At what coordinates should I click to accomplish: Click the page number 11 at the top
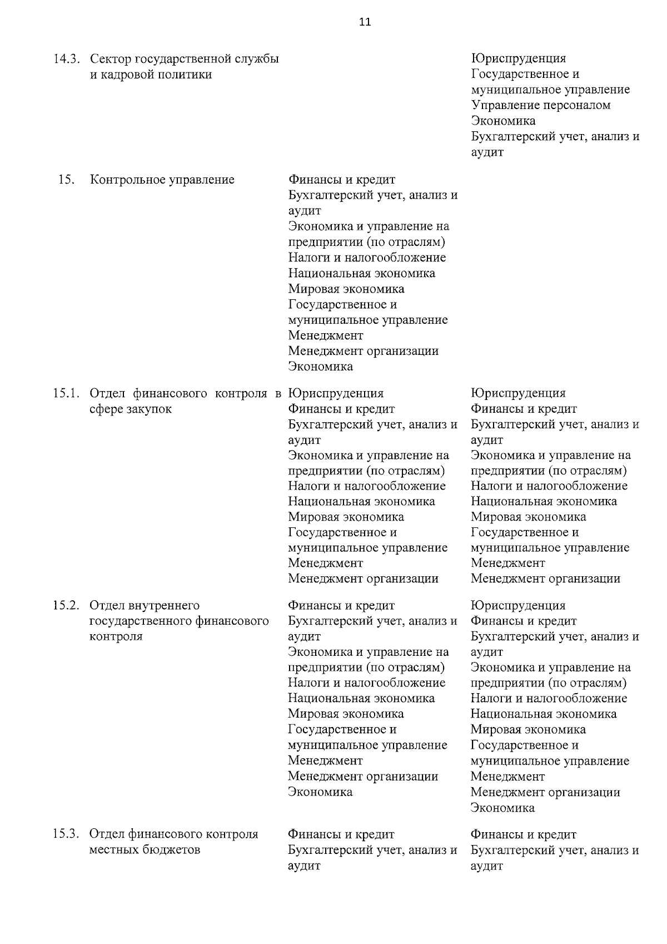(365, 22)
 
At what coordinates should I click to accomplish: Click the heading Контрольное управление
(162, 180)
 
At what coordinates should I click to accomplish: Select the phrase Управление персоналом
(540, 105)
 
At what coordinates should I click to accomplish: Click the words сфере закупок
(131, 409)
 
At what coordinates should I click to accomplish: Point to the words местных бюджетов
(145, 850)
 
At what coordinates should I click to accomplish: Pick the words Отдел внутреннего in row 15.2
(145, 605)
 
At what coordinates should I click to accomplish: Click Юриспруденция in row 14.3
(518, 58)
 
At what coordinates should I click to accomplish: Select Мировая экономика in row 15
(346, 289)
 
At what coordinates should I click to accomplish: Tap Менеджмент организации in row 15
(363, 351)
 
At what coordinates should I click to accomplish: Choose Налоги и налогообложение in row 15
(367, 258)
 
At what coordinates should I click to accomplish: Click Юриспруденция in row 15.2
(517, 605)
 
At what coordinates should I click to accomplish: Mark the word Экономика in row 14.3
(503, 121)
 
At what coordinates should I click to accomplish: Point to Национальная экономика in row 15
(361, 273)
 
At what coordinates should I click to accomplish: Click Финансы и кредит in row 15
(341, 180)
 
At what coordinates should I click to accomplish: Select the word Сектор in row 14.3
(110, 58)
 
